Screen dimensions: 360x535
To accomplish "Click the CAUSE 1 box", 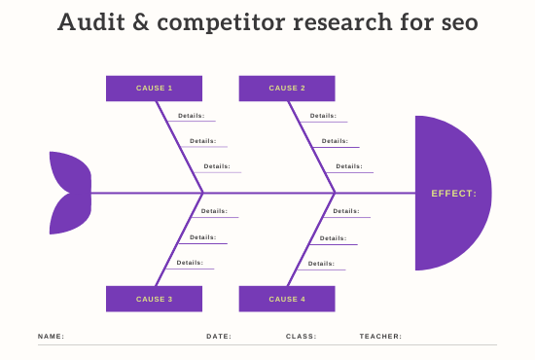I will pyautogui.click(x=154, y=89).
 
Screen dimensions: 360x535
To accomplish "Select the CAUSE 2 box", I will pyautogui.click(x=287, y=89).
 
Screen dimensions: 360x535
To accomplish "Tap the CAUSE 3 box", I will pyautogui.click(x=154, y=299).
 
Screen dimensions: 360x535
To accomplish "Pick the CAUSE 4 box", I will pyautogui.click(x=287, y=299).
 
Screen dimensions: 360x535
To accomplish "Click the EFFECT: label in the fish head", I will pyautogui.click(x=454, y=194).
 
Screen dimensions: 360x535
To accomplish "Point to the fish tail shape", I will pyautogui.click(x=68, y=193).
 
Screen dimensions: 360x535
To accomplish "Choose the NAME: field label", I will pyautogui.click(x=51, y=337).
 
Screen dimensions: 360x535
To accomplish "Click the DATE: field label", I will pyautogui.click(x=219, y=337).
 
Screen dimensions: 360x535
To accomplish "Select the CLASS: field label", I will pyautogui.click(x=301, y=337).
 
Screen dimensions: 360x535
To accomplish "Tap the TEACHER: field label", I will pyautogui.click(x=380, y=337).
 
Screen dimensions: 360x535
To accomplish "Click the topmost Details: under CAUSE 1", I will pyautogui.click(x=191, y=116).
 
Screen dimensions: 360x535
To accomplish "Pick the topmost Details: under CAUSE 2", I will pyautogui.click(x=323, y=116).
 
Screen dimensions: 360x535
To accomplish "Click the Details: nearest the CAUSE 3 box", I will pyautogui.click(x=191, y=263).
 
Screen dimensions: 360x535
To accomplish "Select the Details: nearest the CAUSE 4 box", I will pyautogui.click(x=323, y=263).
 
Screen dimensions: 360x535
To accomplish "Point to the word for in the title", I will pyautogui.click(x=418, y=22).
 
